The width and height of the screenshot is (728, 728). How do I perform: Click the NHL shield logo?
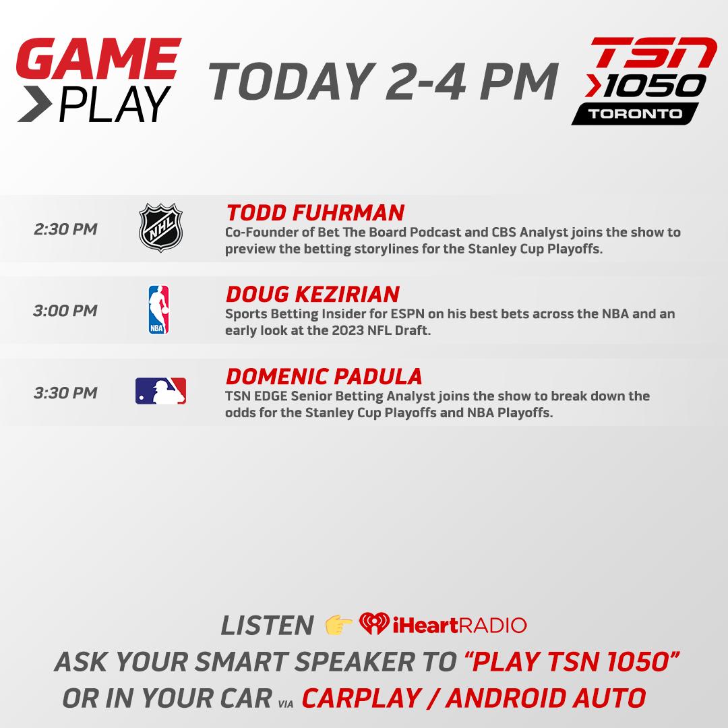pos(160,229)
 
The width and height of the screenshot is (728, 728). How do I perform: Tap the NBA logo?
pos(158,310)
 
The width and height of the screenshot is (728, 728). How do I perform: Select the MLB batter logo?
pos(160,392)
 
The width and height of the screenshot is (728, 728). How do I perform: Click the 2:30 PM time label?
pos(65,229)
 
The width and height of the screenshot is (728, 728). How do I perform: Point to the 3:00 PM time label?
pos(65,311)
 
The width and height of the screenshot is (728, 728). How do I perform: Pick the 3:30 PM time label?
pos(65,392)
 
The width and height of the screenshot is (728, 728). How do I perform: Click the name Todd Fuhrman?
pos(315,213)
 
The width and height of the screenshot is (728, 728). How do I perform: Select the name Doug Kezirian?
pos(312,295)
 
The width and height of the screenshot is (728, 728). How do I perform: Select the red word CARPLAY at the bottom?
pos(360,698)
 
